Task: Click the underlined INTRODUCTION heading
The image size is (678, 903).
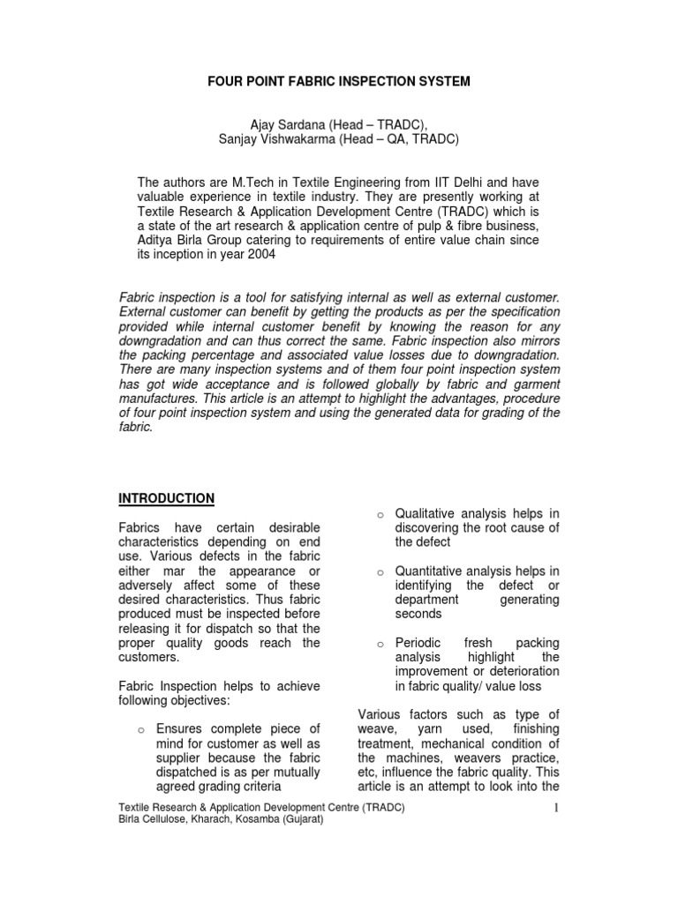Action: click(x=167, y=498)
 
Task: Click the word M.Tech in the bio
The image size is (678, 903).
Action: click(x=267, y=180)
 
